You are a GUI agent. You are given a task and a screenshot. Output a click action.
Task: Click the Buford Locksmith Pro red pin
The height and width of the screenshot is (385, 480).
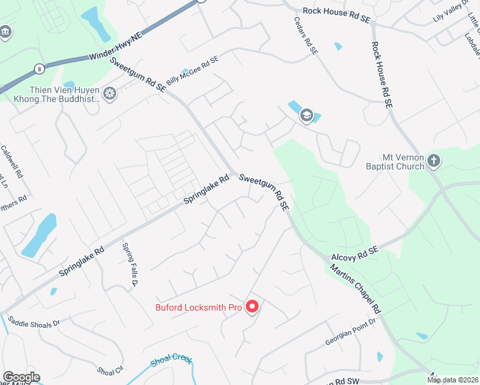pos(252,307)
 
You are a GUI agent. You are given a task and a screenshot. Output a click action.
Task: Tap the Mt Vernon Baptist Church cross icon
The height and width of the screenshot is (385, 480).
pos(434,160)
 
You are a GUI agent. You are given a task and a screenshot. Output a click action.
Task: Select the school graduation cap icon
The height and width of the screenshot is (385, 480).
pos(307,116)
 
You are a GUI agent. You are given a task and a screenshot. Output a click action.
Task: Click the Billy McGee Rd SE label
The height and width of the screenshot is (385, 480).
pos(192,71)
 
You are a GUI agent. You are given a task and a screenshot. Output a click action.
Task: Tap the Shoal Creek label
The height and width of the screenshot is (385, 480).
pos(171,361)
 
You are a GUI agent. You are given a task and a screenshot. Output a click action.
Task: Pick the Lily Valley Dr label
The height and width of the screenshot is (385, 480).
pos(452,15)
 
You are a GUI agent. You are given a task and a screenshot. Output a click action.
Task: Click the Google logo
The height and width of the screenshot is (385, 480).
pos(21,377)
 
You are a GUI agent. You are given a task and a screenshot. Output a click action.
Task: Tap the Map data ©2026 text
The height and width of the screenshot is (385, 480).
pos(452,380)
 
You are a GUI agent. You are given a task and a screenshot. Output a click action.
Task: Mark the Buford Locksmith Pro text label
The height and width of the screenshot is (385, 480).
pos(198,308)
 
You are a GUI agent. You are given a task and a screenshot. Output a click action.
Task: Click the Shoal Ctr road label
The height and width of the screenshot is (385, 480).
pos(110,370)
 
